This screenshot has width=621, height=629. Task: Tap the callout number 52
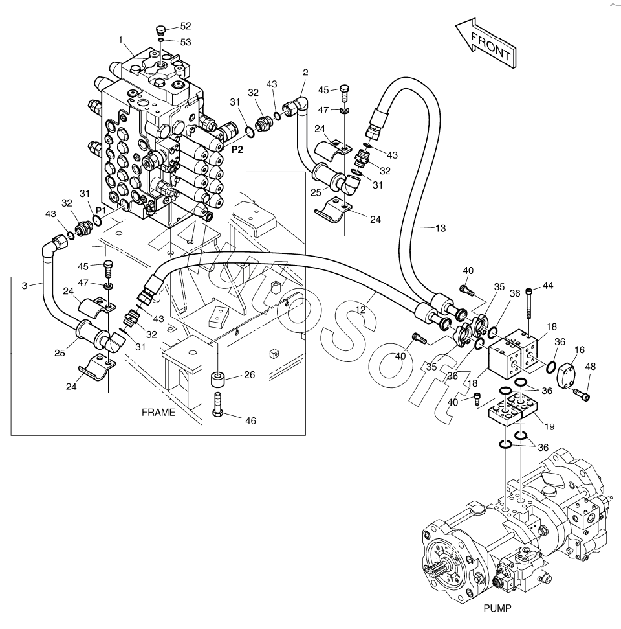coord(186,27)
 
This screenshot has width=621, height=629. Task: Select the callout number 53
coord(186,41)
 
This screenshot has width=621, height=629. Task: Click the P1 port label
coord(100,211)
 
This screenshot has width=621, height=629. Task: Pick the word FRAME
coord(159,412)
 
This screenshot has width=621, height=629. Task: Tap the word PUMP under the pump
coord(497,608)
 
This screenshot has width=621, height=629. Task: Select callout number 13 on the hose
coord(440,227)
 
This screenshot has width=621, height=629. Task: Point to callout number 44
coord(548,286)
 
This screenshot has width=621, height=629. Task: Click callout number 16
coord(579,350)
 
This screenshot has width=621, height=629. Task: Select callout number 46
coord(250,420)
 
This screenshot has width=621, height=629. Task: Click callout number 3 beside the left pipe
coord(25,284)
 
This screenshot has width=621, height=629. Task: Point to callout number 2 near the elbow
coord(304,73)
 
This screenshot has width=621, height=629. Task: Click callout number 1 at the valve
coord(121,40)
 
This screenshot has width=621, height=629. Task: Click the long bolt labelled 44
coord(530,304)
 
